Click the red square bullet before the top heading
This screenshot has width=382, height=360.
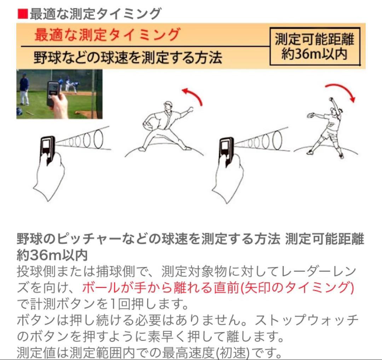pos(22,14)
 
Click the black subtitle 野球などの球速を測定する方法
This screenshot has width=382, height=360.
pos(128,57)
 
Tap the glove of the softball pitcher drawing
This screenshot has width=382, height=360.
pos(311,115)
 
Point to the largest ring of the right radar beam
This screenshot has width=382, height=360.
pos(278,138)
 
